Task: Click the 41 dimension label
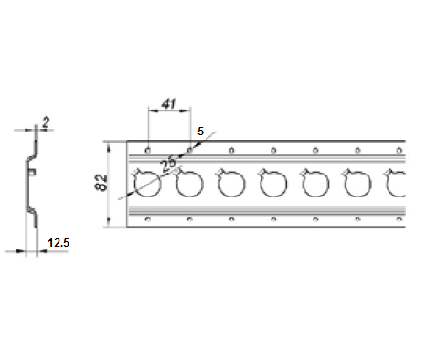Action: (x=168, y=104)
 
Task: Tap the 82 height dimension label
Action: (x=101, y=183)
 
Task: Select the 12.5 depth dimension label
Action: (x=59, y=243)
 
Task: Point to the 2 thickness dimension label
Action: (x=46, y=122)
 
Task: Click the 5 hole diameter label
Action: (x=200, y=132)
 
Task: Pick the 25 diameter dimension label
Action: (x=168, y=164)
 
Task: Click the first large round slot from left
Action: (x=147, y=184)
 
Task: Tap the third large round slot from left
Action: (x=231, y=184)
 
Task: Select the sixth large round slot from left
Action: (x=357, y=184)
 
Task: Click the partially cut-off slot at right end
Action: (x=395, y=184)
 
